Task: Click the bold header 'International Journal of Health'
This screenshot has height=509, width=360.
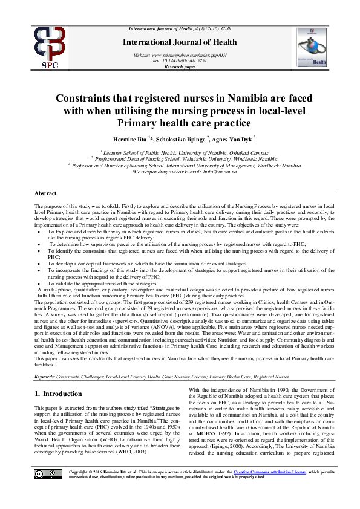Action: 180,41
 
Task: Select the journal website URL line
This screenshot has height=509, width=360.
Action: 180,55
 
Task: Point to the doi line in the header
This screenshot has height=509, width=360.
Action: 180,61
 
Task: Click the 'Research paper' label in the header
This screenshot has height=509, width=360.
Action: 180,67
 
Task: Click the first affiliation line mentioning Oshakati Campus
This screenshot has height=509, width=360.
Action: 180,153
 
